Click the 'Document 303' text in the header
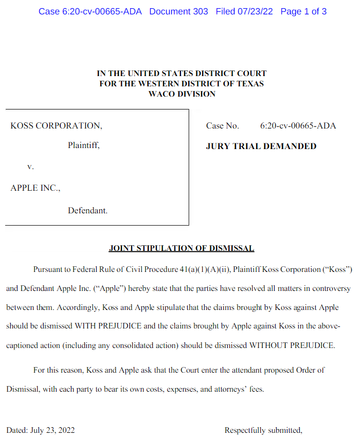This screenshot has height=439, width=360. point(178,11)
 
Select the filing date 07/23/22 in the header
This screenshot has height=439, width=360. point(255,11)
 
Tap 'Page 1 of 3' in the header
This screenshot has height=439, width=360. point(303,11)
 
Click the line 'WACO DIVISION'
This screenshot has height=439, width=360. point(182,94)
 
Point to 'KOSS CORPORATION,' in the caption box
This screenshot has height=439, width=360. point(56,126)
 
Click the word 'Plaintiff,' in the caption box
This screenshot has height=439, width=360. point(83,146)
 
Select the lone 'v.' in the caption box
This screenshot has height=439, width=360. point(30,167)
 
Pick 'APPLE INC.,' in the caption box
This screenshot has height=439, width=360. point(35,188)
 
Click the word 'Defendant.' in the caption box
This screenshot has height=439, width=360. point(87,210)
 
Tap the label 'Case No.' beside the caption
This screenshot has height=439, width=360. point(223,126)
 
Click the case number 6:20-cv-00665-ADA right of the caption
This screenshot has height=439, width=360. point(298,126)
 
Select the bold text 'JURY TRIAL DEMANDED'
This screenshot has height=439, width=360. point(261,147)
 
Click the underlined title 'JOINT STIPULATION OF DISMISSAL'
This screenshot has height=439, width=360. point(182,249)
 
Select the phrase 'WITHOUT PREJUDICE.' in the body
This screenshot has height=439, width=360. point(292,345)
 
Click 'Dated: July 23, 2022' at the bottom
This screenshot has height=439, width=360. point(41,430)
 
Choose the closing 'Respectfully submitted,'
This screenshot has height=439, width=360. point(263,430)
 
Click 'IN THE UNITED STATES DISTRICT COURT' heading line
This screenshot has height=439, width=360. point(182,74)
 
